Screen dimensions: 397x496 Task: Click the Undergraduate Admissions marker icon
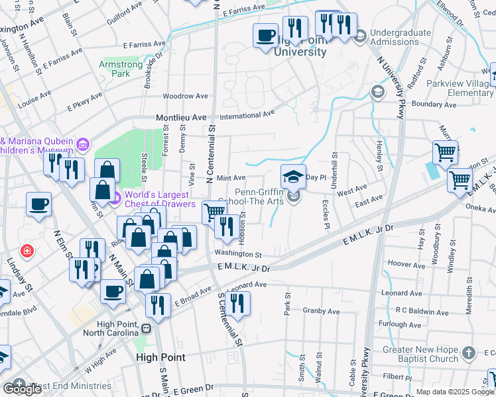(x=360, y=35)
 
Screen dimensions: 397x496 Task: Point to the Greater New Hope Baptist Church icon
(x=469, y=353)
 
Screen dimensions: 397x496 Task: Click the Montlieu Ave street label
(x=181, y=117)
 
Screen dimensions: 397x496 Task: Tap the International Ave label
(x=247, y=114)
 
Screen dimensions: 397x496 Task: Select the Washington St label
(x=237, y=254)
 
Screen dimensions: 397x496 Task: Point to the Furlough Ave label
(x=400, y=325)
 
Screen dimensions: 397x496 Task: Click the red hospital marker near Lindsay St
(x=26, y=251)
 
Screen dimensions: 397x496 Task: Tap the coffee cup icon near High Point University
(x=265, y=34)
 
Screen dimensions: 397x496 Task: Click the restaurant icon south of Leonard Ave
(x=236, y=303)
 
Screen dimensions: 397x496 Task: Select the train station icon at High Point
(x=147, y=328)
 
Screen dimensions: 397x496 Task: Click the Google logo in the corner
(x=22, y=389)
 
